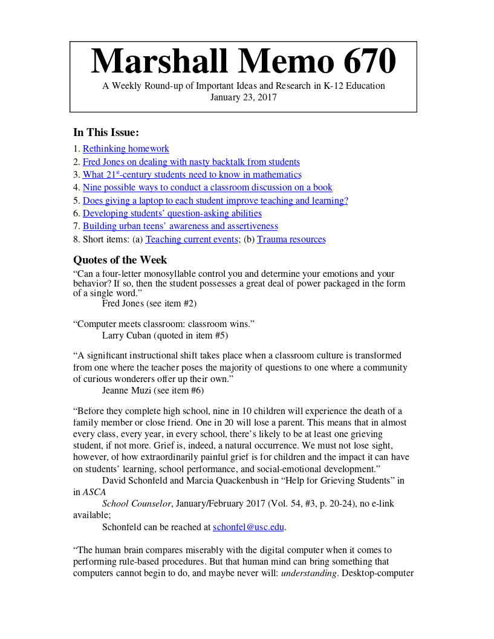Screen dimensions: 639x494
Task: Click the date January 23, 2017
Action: [243, 97]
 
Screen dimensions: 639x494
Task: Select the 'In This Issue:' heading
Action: [106, 132]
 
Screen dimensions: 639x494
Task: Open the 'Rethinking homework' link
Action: [126, 149]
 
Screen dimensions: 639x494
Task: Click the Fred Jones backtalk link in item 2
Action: [191, 162]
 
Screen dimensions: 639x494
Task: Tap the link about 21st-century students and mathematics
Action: [192, 175]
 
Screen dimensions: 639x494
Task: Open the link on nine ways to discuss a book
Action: [207, 187]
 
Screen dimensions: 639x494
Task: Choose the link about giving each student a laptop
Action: [215, 201]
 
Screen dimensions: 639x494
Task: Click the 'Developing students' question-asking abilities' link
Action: [172, 213]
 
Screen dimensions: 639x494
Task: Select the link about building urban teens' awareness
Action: [180, 226]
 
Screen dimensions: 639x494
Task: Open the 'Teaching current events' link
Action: [192, 239]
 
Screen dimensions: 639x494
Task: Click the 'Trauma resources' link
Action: [291, 239]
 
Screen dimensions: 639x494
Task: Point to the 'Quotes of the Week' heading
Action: [120, 260]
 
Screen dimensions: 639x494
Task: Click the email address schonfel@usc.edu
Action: [248, 527]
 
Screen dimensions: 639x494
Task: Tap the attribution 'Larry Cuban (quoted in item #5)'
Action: [165, 335]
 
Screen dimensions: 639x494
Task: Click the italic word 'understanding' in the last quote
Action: [308, 573]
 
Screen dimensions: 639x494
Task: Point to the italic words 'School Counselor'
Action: [137, 503]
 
